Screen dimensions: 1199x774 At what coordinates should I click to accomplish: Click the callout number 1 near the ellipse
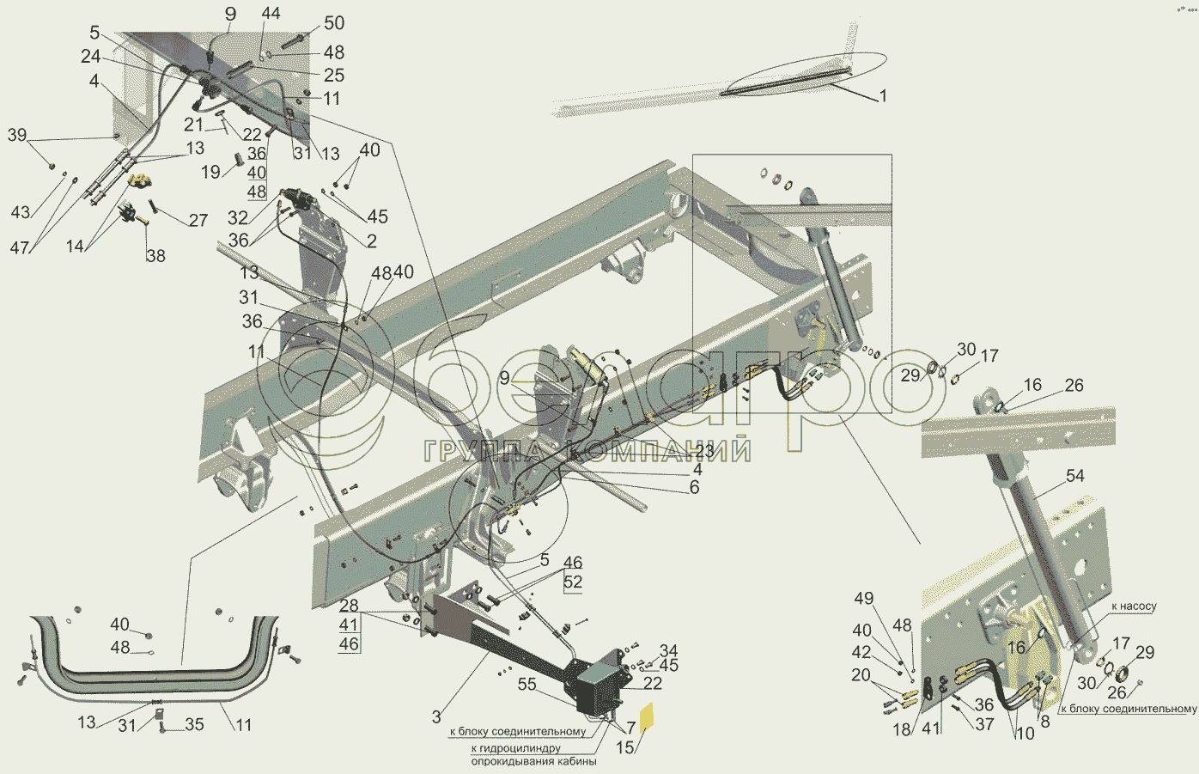(883, 96)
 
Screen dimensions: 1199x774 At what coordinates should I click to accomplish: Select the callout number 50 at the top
(334, 23)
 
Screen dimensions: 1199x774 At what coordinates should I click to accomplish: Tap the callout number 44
(271, 13)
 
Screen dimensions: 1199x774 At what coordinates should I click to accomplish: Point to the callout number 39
(17, 135)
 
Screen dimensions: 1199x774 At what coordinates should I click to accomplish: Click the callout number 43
(21, 212)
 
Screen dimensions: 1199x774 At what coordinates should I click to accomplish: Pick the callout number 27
(198, 220)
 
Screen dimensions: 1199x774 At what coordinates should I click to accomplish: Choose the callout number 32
(238, 218)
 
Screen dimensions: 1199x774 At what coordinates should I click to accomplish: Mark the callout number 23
(705, 451)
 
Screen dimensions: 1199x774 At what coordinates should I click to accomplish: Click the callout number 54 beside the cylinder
(1075, 476)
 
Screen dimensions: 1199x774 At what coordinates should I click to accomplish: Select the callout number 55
(527, 685)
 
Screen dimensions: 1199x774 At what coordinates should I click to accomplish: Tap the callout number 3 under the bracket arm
(437, 716)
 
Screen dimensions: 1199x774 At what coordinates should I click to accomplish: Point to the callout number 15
(624, 747)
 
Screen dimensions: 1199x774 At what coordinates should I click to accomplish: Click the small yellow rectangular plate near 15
(647, 716)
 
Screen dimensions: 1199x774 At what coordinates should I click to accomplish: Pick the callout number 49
(864, 598)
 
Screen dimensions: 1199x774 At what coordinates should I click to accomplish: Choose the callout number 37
(985, 724)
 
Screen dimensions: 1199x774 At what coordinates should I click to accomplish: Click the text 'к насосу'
(1135, 606)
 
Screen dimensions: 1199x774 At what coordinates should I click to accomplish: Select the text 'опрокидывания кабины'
(533, 761)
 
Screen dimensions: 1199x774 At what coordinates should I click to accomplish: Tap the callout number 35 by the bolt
(194, 725)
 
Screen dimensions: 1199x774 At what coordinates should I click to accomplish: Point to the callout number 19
(211, 172)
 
